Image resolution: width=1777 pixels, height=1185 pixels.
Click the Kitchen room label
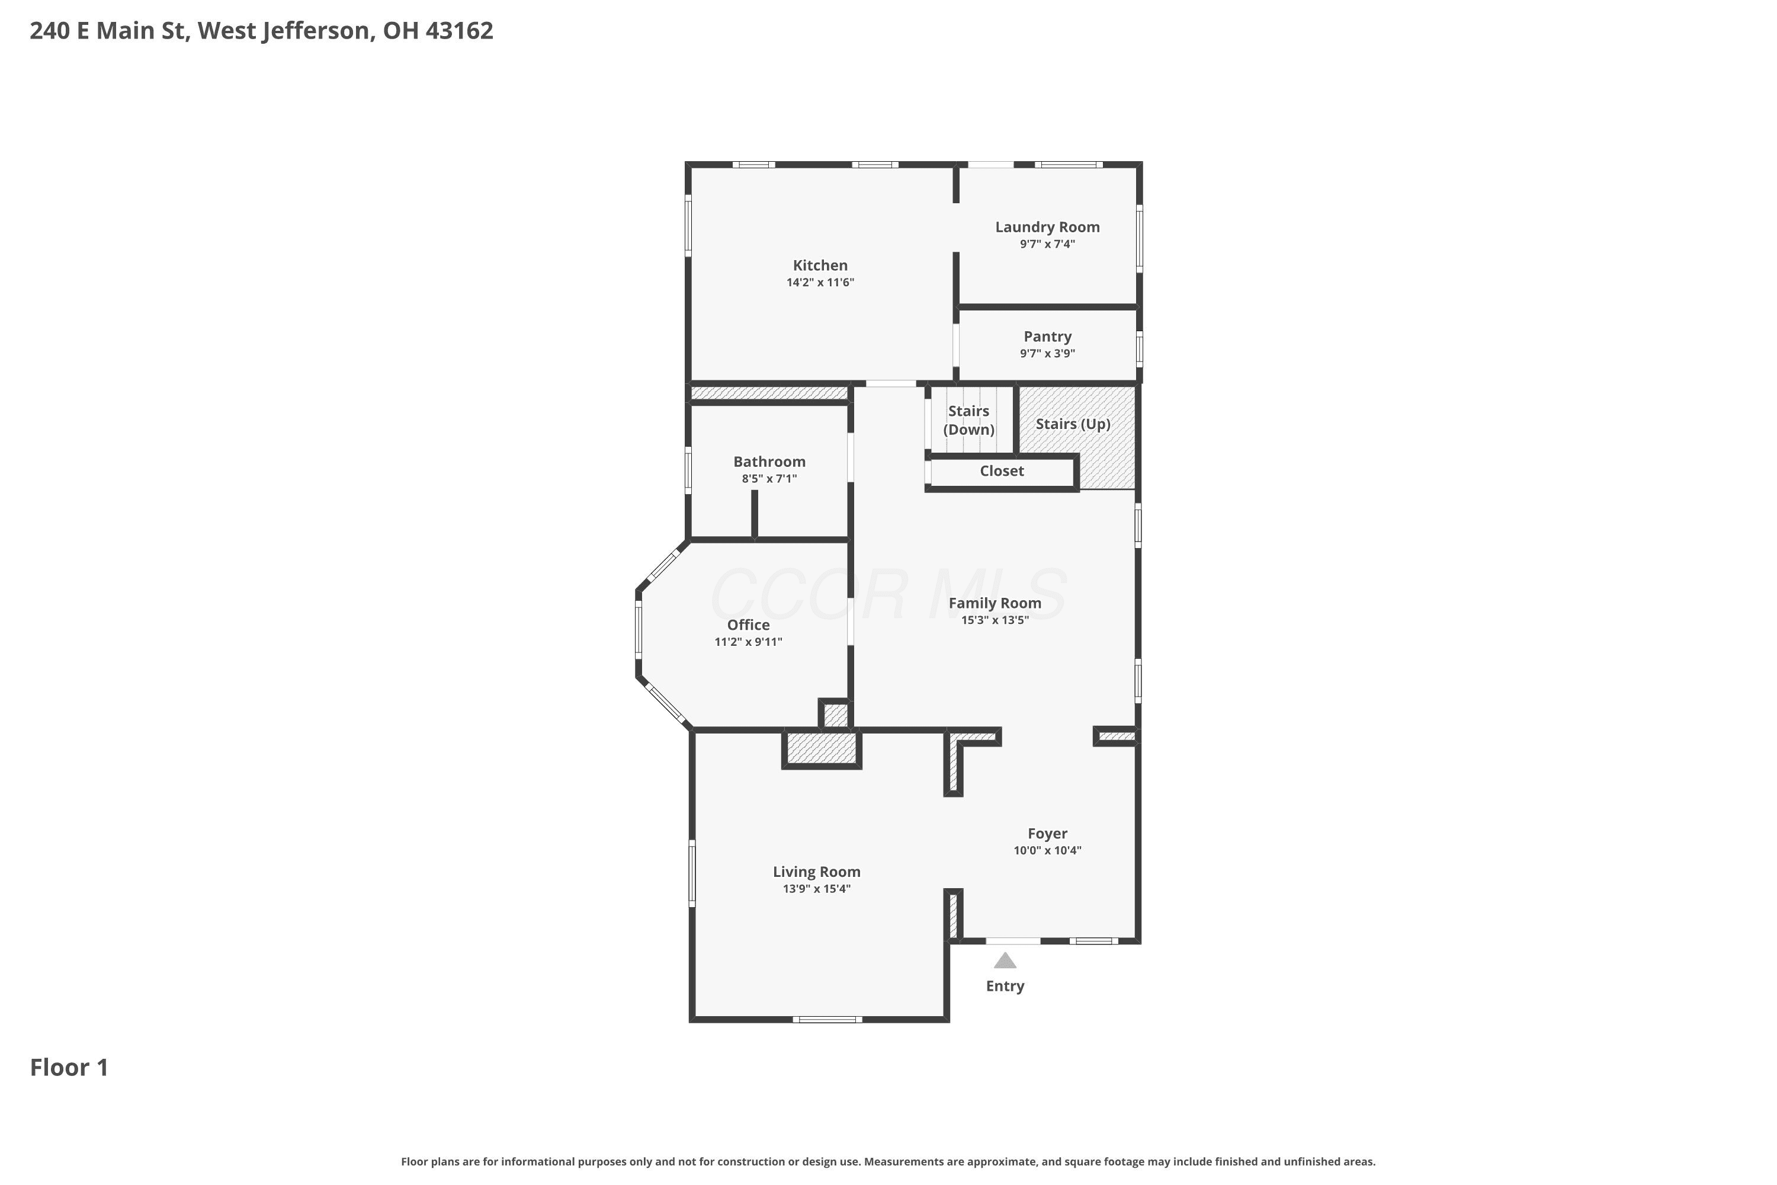point(820,265)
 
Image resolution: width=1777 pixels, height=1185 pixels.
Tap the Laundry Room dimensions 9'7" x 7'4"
point(1047,244)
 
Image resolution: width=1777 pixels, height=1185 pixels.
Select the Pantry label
point(1047,337)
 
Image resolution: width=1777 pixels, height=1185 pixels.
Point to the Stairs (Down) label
point(968,420)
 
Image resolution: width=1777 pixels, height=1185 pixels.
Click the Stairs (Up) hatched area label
point(1073,424)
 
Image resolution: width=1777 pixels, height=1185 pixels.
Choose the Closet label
point(1002,471)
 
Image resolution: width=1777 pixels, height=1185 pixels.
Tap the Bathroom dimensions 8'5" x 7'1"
point(769,478)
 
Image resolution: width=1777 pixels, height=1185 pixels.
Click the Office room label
point(748,625)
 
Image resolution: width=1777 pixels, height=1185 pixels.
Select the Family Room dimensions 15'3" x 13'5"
point(995,620)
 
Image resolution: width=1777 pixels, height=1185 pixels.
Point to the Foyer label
point(1047,834)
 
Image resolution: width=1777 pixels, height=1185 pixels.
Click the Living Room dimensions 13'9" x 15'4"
point(817,889)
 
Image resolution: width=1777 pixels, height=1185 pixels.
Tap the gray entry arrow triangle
point(1005,960)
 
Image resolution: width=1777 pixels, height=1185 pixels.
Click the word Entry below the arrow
point(1005,987)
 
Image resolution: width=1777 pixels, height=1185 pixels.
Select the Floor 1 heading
point(69,1067)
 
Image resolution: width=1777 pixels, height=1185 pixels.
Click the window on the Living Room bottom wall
point(827,1020)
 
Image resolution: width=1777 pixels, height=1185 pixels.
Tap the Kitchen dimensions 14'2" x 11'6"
point(820,283)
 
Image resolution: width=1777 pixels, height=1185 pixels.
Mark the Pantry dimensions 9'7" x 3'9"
point(1047,354)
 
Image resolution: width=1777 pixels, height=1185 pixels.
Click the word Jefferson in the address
point(318,31)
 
